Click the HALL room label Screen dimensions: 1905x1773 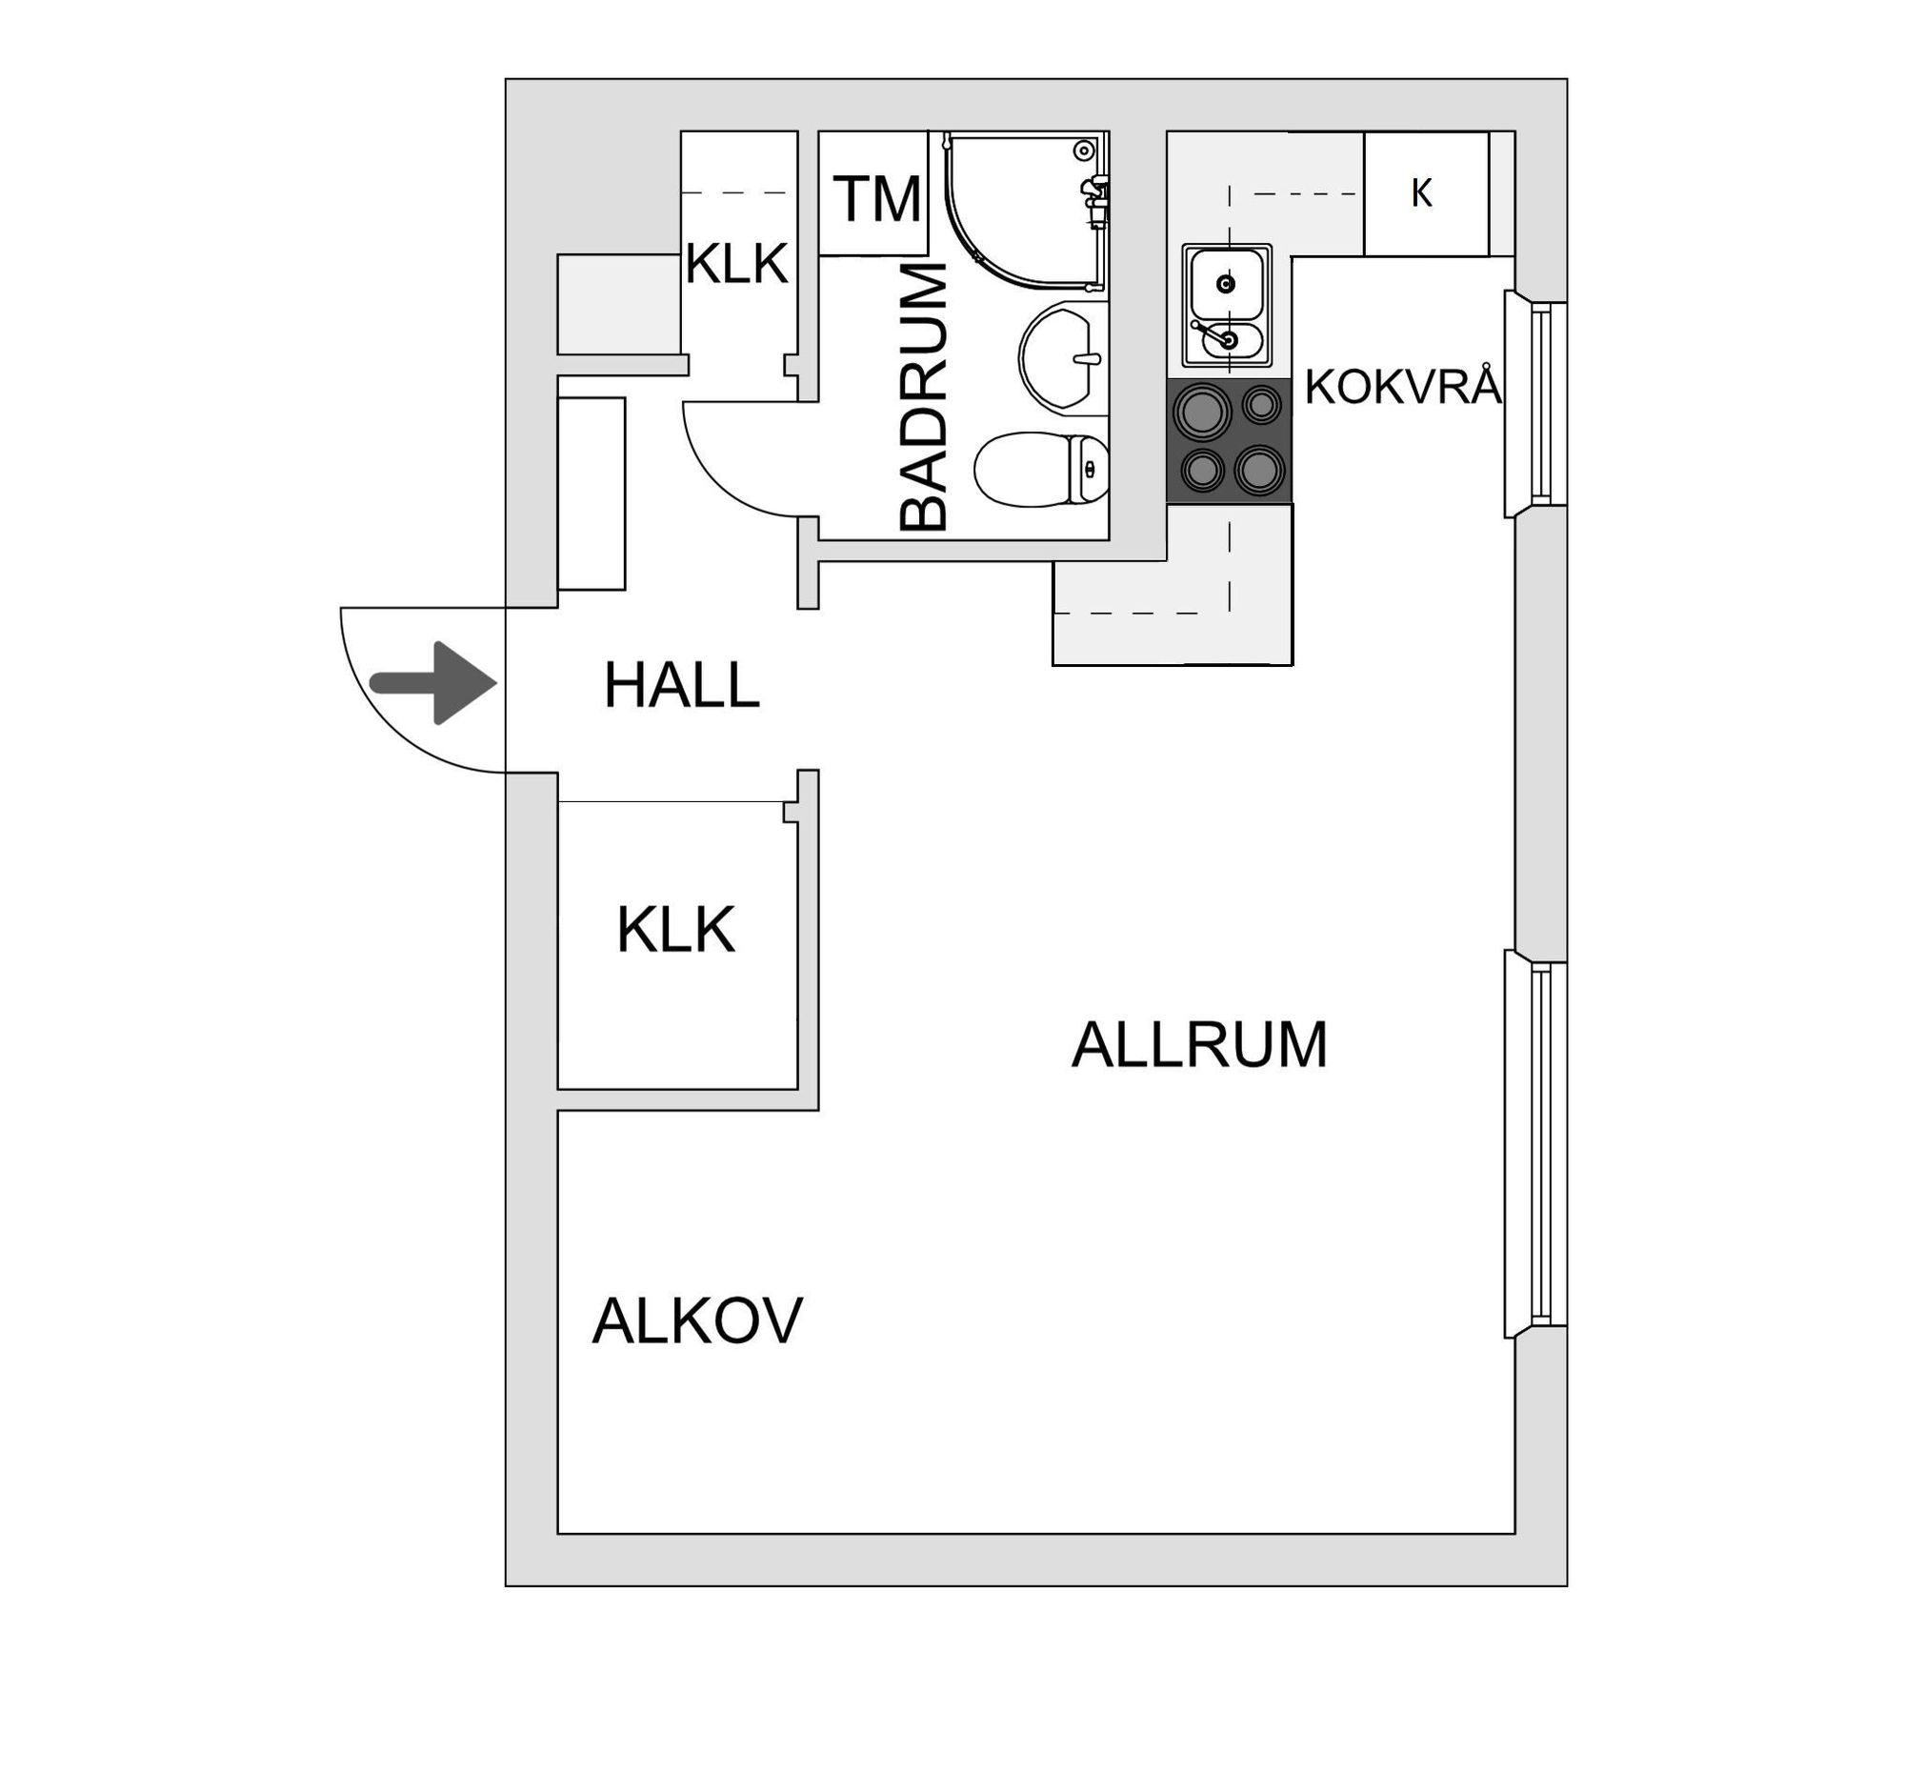pyautogui.click(x=681, y=686)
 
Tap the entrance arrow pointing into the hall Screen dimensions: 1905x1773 pyautogui.click(x=434, y=683)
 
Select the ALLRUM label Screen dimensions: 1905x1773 pyautogui.click(x=1199, y=1044)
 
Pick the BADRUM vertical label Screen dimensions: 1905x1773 pyautogui.click(x=924, y=396)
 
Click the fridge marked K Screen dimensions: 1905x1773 pyautogui.click(x=1426, y=193)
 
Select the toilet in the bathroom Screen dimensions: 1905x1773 pyautogui.click(x=1042, y=470)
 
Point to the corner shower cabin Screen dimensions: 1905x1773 pyautogui.click(x=1025, y=210)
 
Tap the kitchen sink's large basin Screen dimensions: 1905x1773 pyautogui.click(x=1226, y=283)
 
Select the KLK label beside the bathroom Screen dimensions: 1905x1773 pyautogui.click(x=736, y=264)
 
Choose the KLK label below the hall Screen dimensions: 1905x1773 pyautogui.click(x=675, y=930)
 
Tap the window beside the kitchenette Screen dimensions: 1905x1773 pyautogui.click(x=1536, y=404)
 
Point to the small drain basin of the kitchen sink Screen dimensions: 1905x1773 pyautogui.click(x=1229, y=338)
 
